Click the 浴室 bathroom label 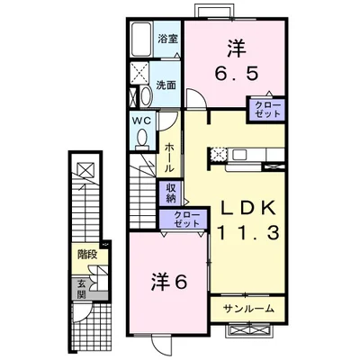(x=166, y=40)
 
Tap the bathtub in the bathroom (x=140, y=40)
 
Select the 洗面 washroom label (x=166, y=85)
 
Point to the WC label (x=143, y=120)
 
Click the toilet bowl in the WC (x=141, y=137)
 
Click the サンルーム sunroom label (x=248, y=309)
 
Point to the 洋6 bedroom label (x=166, y=282)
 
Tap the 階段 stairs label (x=87, y=256)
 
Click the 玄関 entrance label (x=81, y=287)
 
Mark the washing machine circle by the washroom (x=141, y=97)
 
